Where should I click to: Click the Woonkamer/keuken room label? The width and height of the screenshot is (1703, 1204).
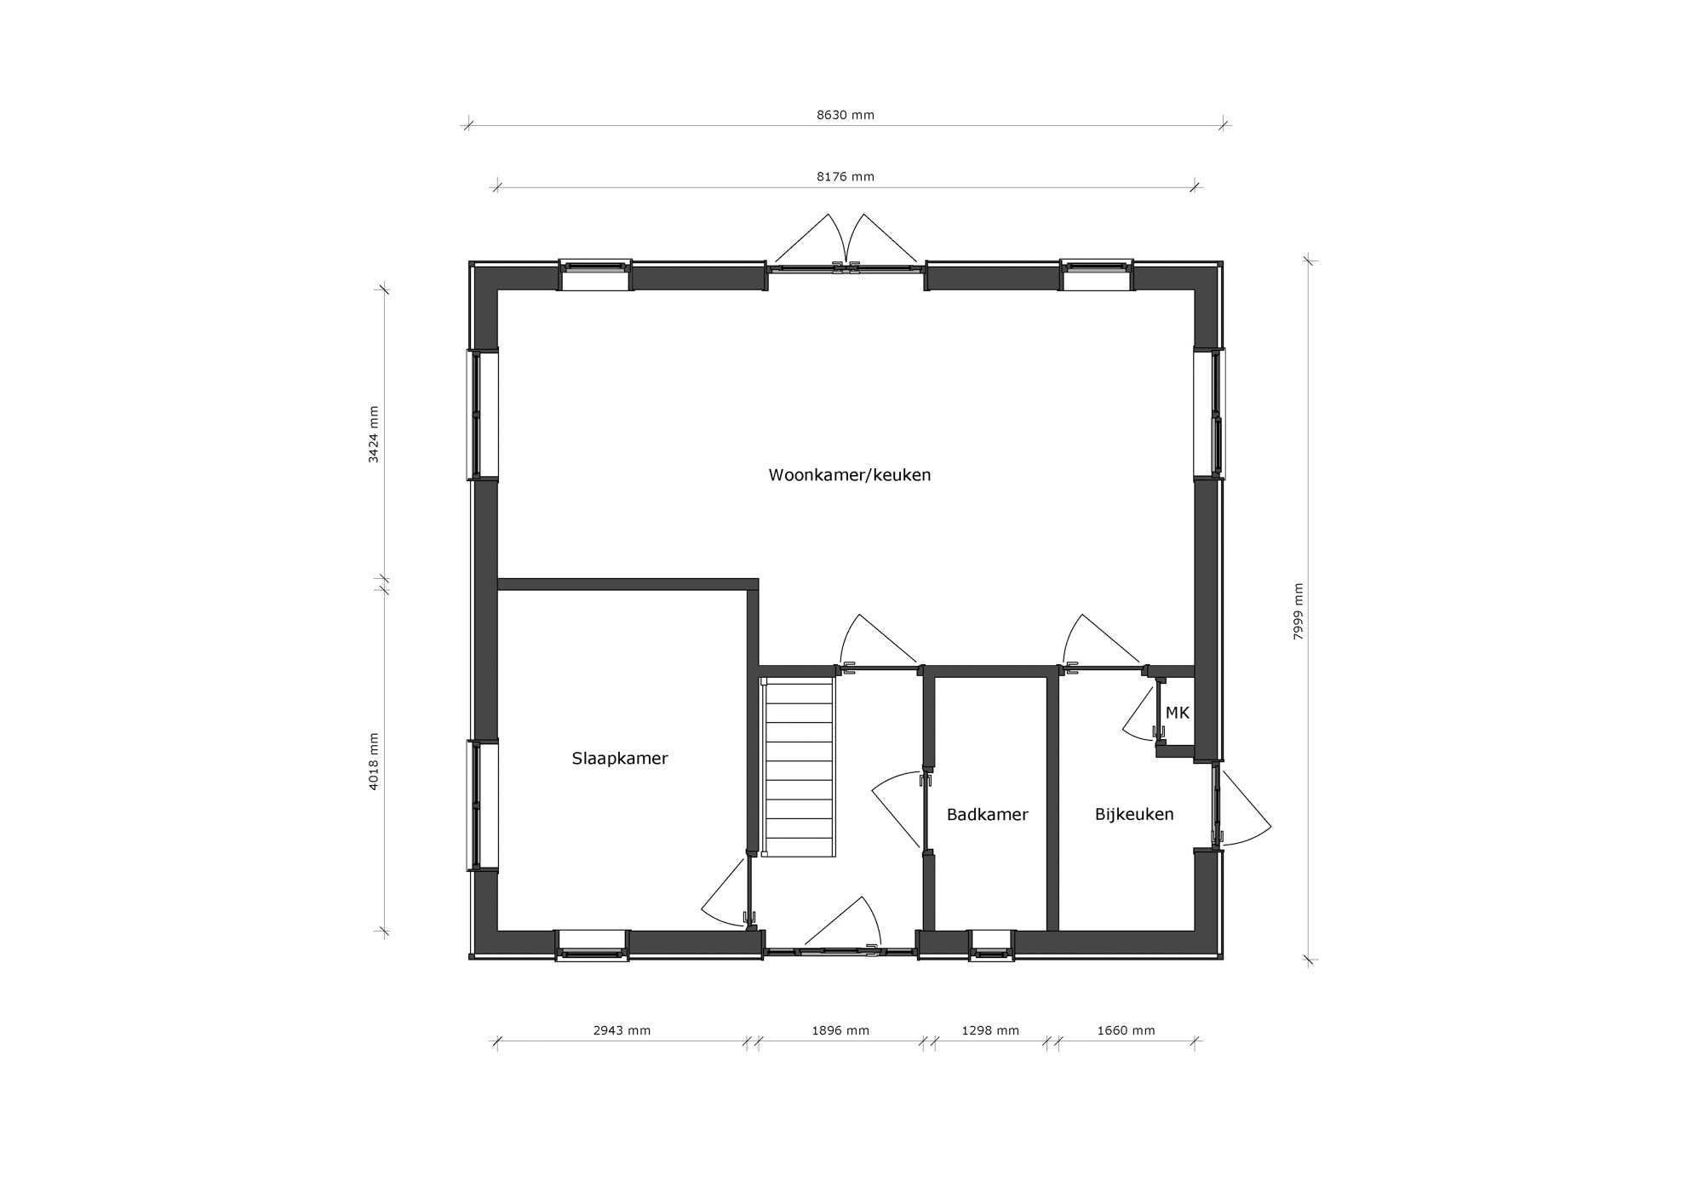tap(850, 475)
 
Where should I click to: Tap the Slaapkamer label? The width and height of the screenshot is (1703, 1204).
tap(620, 759)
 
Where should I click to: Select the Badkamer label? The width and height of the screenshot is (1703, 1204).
tap(988, 815)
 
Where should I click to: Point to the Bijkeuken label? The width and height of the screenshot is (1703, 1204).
tap(1134, 815)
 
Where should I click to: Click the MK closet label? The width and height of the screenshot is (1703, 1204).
tap(1178, 714)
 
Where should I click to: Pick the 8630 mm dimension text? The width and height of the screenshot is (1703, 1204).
tap(846, 115)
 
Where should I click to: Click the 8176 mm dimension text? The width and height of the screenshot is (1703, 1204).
tap(846, 177)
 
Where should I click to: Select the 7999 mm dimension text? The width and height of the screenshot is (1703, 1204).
tap(1299, 611)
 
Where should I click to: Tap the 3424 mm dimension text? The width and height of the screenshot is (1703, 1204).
tap(373, 433)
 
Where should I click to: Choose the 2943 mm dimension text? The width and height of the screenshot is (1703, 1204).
tap(622, 1030)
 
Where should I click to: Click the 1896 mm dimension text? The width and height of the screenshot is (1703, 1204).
tap(840, 1030)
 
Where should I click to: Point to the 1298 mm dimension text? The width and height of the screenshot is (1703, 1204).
tap(990, 1030)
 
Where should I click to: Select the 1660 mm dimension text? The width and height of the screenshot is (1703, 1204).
tap(1127, 1030)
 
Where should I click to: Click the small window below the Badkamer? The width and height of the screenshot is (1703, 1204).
tap(992, 944)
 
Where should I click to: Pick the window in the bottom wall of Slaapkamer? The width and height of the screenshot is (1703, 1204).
tap(592, 944)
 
